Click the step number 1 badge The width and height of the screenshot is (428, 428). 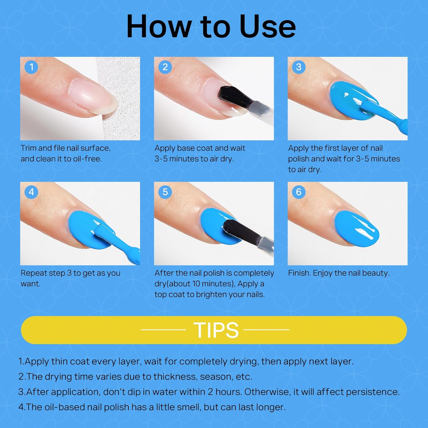click(31, 67)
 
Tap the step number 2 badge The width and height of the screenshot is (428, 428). click(165, 67)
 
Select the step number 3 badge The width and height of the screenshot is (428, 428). click(299, 67)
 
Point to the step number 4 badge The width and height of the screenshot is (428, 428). click(31, 192)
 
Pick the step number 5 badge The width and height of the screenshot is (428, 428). click(165, 192)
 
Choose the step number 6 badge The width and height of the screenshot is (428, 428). click(299, 192)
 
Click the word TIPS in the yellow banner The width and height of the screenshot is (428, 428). click(216, 330)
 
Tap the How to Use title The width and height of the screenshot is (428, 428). click(211, 26)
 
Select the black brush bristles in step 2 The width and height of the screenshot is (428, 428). click(231, 96)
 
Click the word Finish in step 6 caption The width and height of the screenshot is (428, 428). click(299, 273)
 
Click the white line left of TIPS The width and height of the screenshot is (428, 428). click(163, 330)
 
